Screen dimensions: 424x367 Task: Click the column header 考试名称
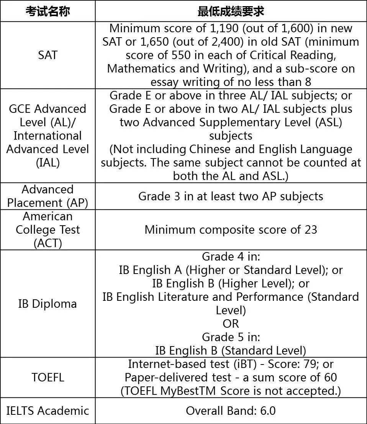[48, 11]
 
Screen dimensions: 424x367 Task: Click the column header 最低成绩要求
[231, 11]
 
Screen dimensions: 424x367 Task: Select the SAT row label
[48, 55]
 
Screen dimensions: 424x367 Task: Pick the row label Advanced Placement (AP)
[48, 196]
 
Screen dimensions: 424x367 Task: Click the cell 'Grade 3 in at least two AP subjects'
[231, 196]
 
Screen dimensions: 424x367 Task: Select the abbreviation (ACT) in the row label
[48, 243]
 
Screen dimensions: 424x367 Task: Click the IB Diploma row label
[48, 304]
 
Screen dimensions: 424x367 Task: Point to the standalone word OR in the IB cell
[231, 323]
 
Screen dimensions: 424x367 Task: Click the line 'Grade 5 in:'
[231, 337]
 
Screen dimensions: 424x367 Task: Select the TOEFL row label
[48, 377]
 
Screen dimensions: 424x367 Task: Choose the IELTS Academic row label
[48, 411]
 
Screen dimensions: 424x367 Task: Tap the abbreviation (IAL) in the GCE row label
[48, 162]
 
